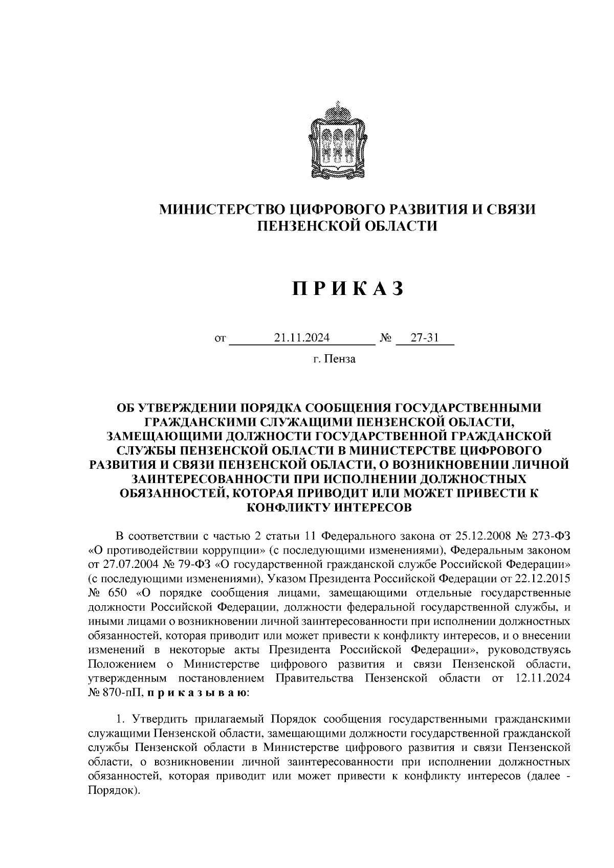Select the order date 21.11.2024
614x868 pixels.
[302, 338]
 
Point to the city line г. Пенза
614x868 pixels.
[335, 359]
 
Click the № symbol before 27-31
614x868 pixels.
[386, 338]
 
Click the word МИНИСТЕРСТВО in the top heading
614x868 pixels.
[223, 209]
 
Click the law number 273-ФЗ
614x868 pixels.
[550, 536]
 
